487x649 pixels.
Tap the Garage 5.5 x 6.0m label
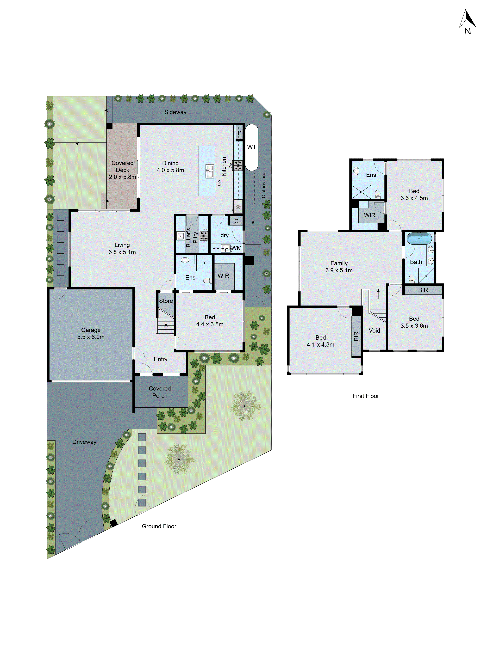coord(91,333)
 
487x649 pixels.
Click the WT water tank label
coord(252,147)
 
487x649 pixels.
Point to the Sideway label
coord(175,112)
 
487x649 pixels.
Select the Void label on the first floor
coord(374,330)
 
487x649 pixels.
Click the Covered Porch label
coord(160,392)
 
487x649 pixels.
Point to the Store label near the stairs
coord(166,301)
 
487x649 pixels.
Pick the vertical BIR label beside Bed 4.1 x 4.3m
coord(356,336)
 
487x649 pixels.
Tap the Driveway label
coord(84,442)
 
